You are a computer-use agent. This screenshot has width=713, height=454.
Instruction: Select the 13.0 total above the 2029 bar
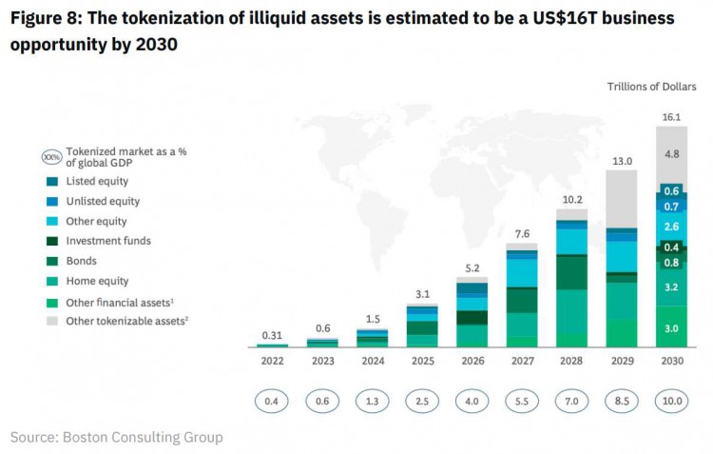coord(622,162)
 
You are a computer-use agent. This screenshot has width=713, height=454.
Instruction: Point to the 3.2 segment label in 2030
coord(670,286)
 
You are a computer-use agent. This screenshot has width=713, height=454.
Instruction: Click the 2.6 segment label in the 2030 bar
coord(670,227)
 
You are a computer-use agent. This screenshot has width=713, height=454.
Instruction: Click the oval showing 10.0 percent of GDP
coord(671,402)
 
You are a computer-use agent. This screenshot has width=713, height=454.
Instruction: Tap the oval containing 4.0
coord(472,402)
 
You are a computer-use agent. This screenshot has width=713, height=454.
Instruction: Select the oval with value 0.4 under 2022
coord(272,402)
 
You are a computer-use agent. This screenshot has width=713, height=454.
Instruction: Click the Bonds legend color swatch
coord(49,261)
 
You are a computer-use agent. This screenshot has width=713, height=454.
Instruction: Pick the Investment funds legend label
coord(108,241)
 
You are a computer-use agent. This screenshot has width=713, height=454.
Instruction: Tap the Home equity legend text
coord(97,281)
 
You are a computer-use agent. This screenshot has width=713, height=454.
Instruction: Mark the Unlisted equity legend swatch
coord(49,201)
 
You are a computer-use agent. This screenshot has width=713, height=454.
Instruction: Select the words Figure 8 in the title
coord(47,19)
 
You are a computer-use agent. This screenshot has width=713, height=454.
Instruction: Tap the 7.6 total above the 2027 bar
coord(522,234)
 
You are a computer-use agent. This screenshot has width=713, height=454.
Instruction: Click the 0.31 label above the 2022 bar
coord(272,334)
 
